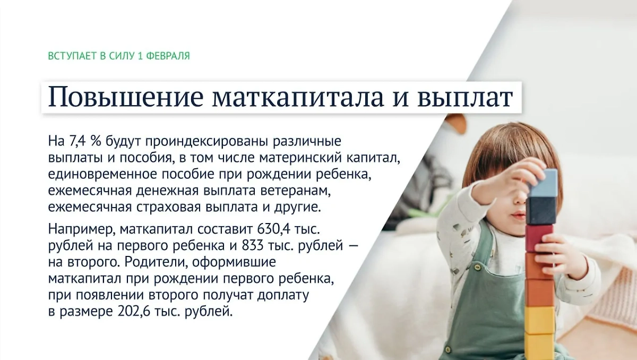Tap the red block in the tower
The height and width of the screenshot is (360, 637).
(539, 237)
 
